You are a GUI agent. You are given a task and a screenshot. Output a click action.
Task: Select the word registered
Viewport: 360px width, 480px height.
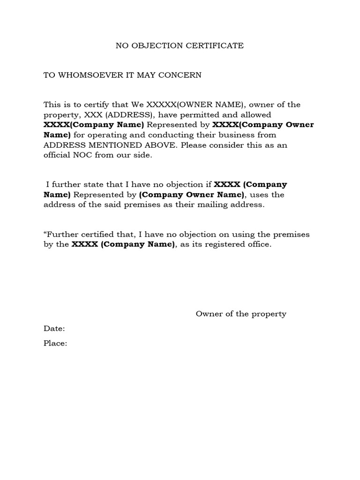tap(226, 245)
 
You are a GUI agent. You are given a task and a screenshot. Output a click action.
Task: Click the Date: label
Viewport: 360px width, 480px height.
tap(54, 329)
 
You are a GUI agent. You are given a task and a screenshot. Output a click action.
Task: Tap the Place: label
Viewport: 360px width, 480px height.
tap(55, 344)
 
